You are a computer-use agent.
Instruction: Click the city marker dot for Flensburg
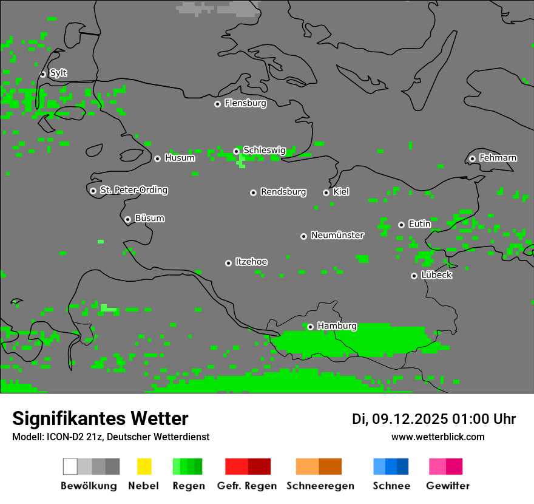pyautogui.click(x=217, y=104)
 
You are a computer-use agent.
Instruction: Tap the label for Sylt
pyautogui.click(x=58, y=73)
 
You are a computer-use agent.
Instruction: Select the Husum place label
pyautogui.click(x=180, y=158)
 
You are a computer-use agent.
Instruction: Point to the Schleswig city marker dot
pyautogui.click(x=236, y=151)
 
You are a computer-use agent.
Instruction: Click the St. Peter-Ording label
pyautogui.click(x=133, y=190)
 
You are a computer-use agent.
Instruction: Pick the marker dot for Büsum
pyautogui.click(x=127, y=219)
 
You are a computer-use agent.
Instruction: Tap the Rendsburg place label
pyautogui.click(x=283, y=192)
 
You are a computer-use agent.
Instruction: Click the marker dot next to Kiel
pyautogui.click(x=326, y=192)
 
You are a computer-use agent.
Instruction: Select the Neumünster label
pyautogui.click(x=337, y=235)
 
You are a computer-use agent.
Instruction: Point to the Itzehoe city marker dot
pyautogui.click(x=228, y=263)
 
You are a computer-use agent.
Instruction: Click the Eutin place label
pyautogui.click(x=419, y=224)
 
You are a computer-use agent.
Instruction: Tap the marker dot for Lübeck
pyautogui.click(x=414, y=276)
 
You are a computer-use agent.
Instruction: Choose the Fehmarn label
pyautogui.click(x=498, y=158)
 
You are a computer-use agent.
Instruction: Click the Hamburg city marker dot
pyautogui.click(x=310, y=327)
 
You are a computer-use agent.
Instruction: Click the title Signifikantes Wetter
pyautogui.click(x=100, y=418)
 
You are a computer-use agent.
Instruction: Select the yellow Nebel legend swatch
pyautogui.click(x=144, y=466)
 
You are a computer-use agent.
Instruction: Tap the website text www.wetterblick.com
pyautogui.click(x=438, y=437)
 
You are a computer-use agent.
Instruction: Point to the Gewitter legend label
pyautogui.click(x=447, y=486)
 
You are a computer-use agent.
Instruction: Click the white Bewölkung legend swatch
pyautogui.click(x=70, y=466)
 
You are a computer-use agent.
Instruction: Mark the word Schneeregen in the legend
pyautogui.click(x=320, y=486)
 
